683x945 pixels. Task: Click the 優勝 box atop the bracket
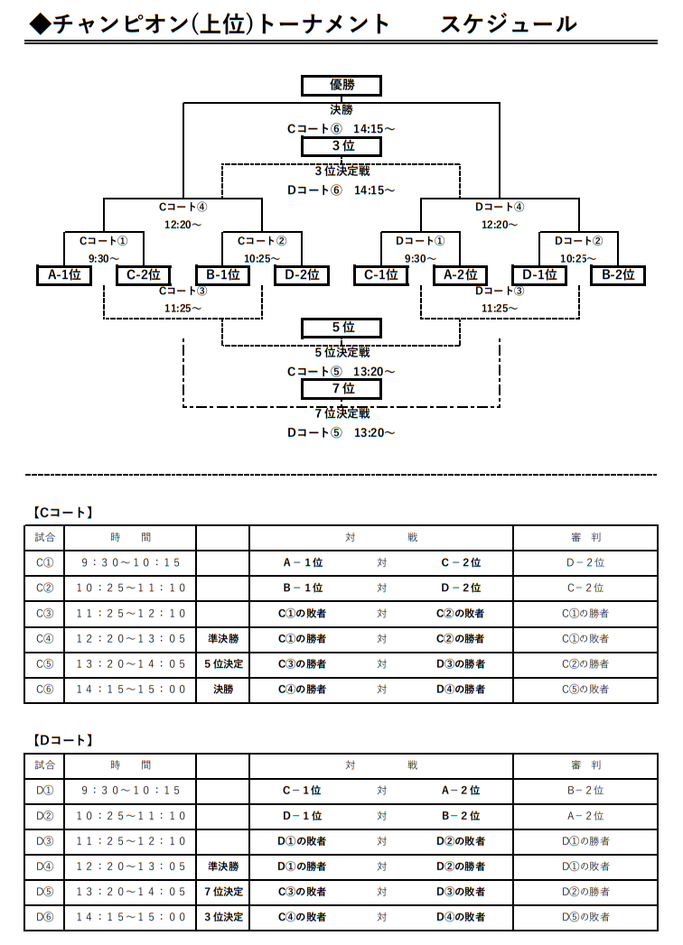click(341, 86)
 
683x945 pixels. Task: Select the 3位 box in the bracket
click(341, 146)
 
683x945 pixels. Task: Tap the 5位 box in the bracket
click(341, 328)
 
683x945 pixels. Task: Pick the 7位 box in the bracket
click(341, 389)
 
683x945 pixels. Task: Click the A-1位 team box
click(64, 275)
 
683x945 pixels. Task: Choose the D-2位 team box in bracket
click(302, 275)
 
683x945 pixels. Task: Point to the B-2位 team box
click(618, 275)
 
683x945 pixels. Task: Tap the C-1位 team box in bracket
click(380, 275)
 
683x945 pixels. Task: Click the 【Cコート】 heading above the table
click(62, 513)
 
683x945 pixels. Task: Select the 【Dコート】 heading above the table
click(62, 740)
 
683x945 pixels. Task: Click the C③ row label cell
click(44, 614)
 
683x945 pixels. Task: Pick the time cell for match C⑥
click(130, 690)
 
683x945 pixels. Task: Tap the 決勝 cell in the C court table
click(223, 690)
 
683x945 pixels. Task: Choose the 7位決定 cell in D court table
click(223, 892)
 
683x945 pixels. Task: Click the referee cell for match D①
click(585, 791)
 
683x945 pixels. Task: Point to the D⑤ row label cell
click(44, 892)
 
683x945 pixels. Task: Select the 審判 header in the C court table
click(585, 538)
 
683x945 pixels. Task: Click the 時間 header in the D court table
click(130, 765)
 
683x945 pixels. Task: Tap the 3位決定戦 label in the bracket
click(342, 171)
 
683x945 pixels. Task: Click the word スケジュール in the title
click(509, 24)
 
